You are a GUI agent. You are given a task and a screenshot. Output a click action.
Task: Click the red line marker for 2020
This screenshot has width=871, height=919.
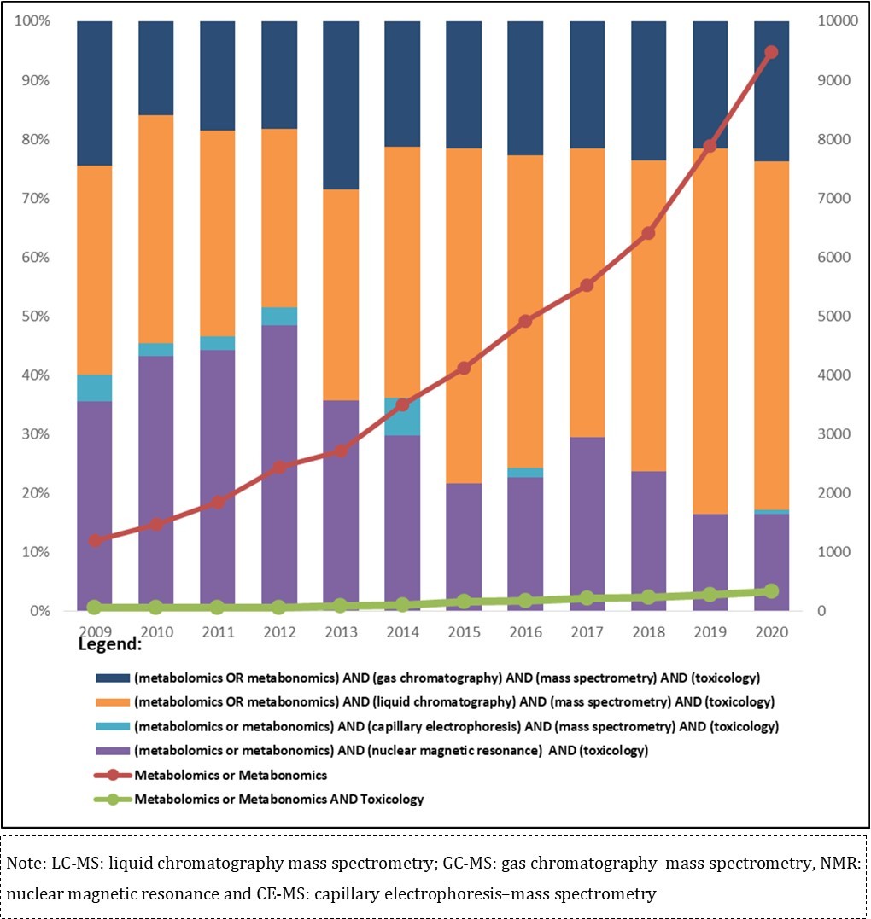pos(771,52)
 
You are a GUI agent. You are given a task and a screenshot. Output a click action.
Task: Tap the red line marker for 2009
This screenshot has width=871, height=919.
pos(95,540)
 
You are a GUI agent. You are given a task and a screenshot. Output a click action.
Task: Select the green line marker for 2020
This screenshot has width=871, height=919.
pos(771,590)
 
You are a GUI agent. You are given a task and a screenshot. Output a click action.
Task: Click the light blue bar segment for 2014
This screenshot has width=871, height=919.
pos(402,416)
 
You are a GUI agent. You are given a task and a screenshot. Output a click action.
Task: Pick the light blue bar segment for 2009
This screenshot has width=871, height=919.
pos(95,388)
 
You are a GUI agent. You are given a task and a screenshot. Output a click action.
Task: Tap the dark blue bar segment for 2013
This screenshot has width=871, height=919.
pos(341,105)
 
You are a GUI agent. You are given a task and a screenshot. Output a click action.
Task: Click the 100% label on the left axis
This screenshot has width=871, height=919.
pos(32,21)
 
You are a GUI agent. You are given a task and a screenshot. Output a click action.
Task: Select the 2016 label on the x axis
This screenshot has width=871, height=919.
pos(525,632)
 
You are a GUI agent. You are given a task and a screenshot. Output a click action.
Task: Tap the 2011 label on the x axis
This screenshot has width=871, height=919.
pos(218,632)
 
